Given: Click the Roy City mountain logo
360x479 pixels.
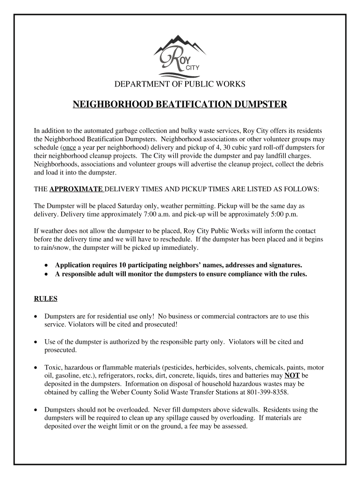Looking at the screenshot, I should [180, 57].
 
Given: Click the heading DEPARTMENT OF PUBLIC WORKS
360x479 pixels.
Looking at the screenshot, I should [180, 84].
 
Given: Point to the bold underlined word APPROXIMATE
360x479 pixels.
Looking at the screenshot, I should [76, 189].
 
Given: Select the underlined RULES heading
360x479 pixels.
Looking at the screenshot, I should [46, 298].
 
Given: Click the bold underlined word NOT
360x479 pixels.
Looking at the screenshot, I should [292, 376].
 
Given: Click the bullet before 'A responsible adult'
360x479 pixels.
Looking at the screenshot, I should [46, 274].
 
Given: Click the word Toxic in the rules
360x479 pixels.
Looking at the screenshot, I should [52, 367].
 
